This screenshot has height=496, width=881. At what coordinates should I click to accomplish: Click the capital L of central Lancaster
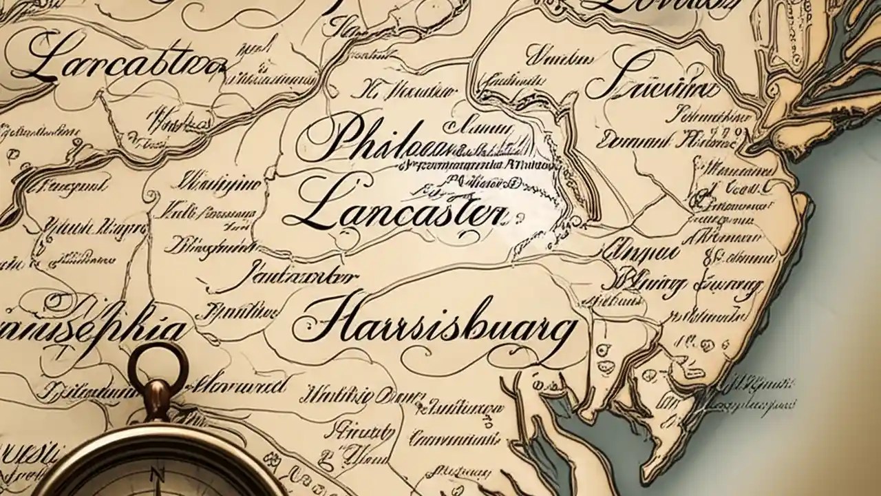[313, 207]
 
